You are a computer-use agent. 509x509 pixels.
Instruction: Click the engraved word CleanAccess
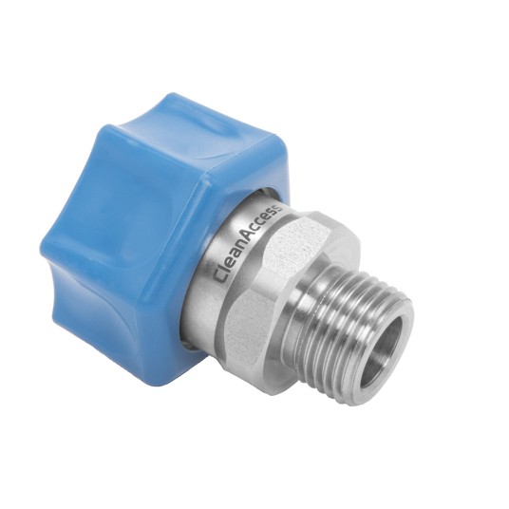point(248,244)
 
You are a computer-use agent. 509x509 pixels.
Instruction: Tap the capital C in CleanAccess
point(221,276)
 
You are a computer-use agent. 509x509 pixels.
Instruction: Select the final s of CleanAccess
point(278,208)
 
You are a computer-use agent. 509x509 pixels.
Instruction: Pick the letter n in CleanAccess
point(243,250)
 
